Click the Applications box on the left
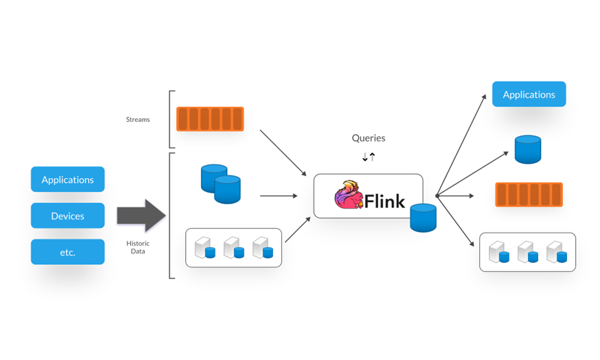[x=68, y=179]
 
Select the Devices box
[x=68, y=216]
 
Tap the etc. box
[x=68, y=252]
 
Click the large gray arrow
[x=141, y=216]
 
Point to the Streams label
[x=138, y=119]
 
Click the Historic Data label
[x=138, y=247]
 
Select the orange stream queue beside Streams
[x=210, y=119]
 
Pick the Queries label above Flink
[x=368, y=138]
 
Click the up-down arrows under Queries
[x=368, y=156]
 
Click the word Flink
[x=385, y=202]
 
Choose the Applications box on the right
[x=529, y=94]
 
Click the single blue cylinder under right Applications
[x=528, y=149]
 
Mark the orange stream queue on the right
[x=529, y=195]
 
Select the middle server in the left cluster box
[x=232, y=248]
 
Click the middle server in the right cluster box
[x=527, y=252]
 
